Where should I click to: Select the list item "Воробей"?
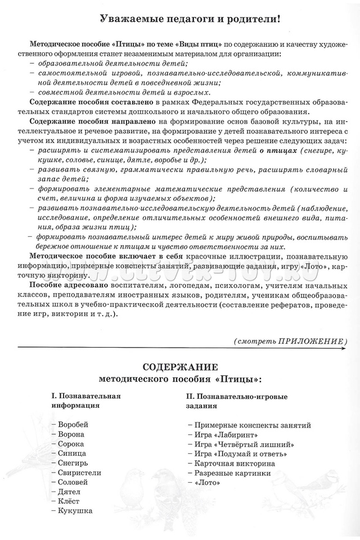(73, 425)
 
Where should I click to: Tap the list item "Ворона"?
(71, 434)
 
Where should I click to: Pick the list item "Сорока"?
(71, 444)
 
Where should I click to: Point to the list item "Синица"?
(71, 453)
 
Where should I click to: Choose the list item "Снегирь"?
(73, 463)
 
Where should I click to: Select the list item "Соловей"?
(73, 483)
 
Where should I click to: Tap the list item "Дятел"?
(69, 492)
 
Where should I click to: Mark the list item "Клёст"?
(69, 502)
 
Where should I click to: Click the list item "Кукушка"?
(74, 511)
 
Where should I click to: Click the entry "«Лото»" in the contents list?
(207, 483)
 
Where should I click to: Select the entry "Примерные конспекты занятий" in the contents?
(251, 425)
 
